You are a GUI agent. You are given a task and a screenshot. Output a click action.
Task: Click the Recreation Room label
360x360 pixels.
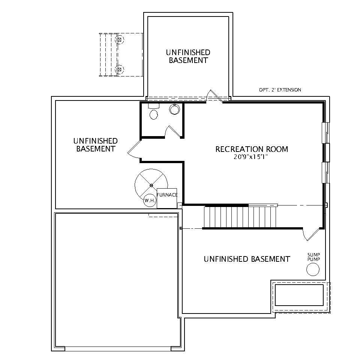[x=252, y=149]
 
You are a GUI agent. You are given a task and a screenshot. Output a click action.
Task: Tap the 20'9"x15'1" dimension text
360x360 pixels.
[x=252, y=157]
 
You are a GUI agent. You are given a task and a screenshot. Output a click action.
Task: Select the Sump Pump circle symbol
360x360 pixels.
[x=313, y=269]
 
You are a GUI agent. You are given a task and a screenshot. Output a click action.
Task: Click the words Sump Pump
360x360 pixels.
[x=313, y=257]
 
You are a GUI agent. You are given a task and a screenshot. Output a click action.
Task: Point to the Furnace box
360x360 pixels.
[x=167, y=198]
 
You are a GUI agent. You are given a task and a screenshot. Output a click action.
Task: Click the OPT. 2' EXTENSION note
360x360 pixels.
[x=280, y=90]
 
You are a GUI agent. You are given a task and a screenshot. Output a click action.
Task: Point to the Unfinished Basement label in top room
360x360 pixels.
[x=188, y=56]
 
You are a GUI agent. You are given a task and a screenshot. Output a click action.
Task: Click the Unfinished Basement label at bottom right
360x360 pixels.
[x=247, y=259]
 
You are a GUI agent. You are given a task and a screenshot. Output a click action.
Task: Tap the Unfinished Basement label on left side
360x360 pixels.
[x=96, y=145]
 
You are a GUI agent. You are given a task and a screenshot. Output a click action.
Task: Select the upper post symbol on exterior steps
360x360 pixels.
[x=120, y=39]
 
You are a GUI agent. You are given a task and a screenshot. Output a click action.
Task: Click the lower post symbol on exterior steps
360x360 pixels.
[x=120, y=69]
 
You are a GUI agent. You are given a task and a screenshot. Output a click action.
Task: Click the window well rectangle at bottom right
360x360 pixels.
[x=299, y=295]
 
